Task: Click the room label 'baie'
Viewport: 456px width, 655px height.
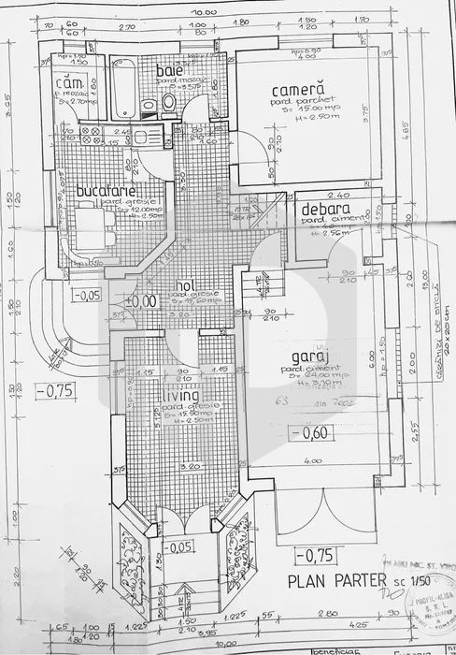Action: click(169, 71)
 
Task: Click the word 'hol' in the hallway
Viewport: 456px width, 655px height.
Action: click(186, 286)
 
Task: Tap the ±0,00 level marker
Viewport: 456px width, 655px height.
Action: click(142, 301)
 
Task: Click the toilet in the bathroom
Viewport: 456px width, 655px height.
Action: click(169, 101)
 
